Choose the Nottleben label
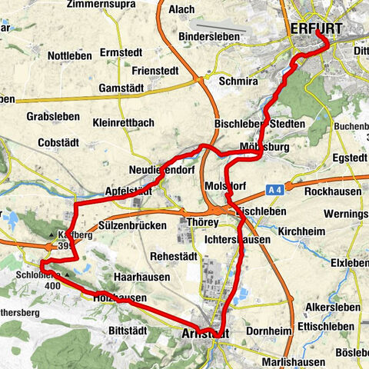click(x=70, y=56)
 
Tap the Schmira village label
click(x=238, y=80)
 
